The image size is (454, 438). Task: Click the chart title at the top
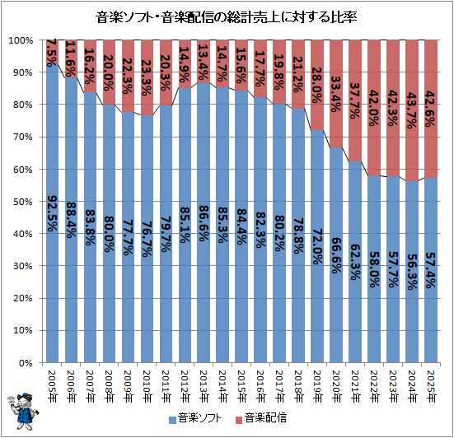tap(226, 17)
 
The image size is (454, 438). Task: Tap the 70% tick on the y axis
tap(22, 137)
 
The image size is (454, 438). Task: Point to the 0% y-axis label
tap(26, 363)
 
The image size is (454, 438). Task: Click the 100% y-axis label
tap(21, 40)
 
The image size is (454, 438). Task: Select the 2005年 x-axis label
tap(52, 386)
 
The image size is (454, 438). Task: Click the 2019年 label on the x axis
tap(317, 386)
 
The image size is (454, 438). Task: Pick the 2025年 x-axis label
tap(431, 386)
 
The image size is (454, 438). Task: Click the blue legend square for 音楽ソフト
tap(172, 420)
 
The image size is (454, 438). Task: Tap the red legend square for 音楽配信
tap(239, 420)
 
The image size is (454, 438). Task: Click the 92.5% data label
tap(52, 213)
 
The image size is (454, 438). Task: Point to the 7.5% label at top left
tap(52, 53)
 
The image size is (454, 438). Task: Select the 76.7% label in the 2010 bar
tap(147, 240)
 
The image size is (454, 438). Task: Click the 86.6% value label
tap(204, 223)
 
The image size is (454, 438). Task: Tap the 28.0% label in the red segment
tap(317, 85)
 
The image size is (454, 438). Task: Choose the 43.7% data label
tap(412, 110)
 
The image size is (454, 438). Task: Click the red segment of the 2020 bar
tap(336, 94)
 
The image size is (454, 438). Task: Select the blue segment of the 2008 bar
tap(109, 234)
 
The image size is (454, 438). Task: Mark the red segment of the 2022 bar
tap(374, 108)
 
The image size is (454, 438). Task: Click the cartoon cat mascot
tap(22, 411)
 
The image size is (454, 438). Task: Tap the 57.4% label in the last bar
tap(431, 270)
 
